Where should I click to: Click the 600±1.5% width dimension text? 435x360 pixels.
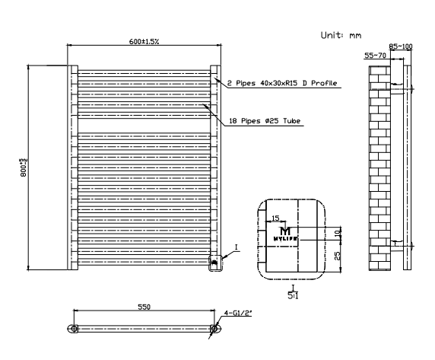(144, 42)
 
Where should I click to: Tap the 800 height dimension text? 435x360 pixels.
(24, 167)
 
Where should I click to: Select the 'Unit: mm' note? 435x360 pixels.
(341, 35)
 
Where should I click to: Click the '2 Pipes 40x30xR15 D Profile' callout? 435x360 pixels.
(282, 83)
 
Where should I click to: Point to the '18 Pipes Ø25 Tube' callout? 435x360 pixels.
(265, 121)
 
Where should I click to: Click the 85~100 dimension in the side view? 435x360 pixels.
(401, 46)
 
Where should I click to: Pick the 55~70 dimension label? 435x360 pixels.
(375, 56)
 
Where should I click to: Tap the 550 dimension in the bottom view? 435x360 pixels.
(144, 307)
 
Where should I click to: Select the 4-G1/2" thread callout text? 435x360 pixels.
(238, 313)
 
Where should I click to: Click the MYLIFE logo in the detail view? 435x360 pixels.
(285, 234)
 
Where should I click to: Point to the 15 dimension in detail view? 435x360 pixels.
(275, 218)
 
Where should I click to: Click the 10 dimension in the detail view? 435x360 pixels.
(338, 234)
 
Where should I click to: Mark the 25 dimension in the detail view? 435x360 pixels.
(338, 256)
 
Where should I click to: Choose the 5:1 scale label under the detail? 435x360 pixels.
(293, 295)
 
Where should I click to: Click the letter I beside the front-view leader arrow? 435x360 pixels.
(237, 247)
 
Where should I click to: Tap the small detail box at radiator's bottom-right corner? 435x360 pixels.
(215, 263)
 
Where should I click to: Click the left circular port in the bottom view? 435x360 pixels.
(74, 329)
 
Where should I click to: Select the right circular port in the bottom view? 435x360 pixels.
(214, 329)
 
